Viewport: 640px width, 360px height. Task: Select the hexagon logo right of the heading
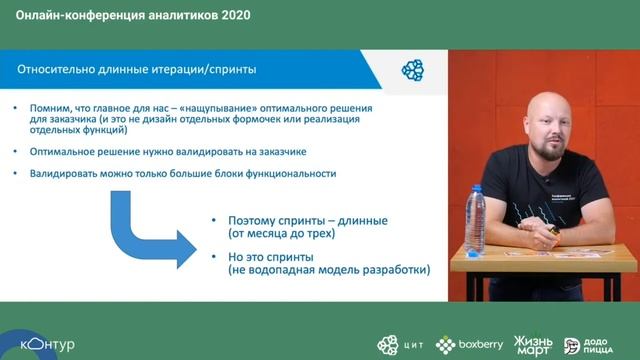[x=412, y=69]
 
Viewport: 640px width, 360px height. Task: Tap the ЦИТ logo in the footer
[x=400, y=345]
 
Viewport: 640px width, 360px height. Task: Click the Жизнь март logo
[x=534, y=345]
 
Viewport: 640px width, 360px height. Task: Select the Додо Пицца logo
[x=588, y=345]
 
